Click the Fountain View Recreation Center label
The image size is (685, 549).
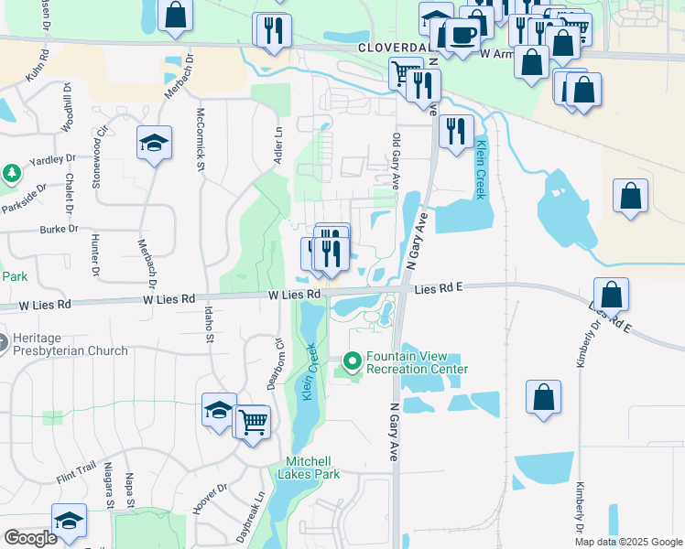417,362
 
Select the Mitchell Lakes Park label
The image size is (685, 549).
312,468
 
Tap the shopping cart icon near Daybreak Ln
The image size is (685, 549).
254,422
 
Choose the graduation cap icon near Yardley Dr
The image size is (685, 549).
155,142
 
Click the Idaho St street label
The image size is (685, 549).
210,324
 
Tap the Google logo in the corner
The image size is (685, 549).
30,538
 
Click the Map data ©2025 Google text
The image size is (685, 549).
628,542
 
